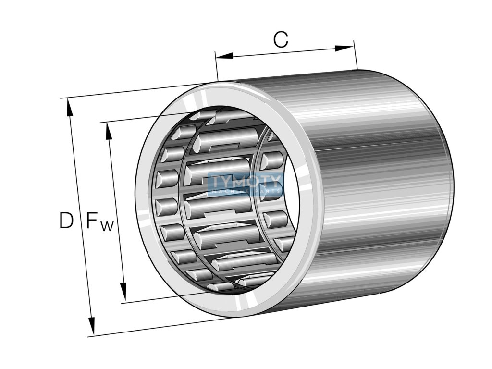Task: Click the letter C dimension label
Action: [x=281, y=40]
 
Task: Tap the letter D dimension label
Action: [x=66, y=221]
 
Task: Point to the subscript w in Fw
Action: [x=107, y=226]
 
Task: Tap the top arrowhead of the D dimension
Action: [x=70, y=108]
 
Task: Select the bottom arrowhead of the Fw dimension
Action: [x=123, y=291]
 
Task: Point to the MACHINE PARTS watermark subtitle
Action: [x=245, y=192]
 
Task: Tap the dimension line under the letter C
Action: [x=283, y=52]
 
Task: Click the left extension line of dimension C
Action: [x=217, y=67]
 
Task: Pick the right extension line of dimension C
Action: [x=356, y=55]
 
